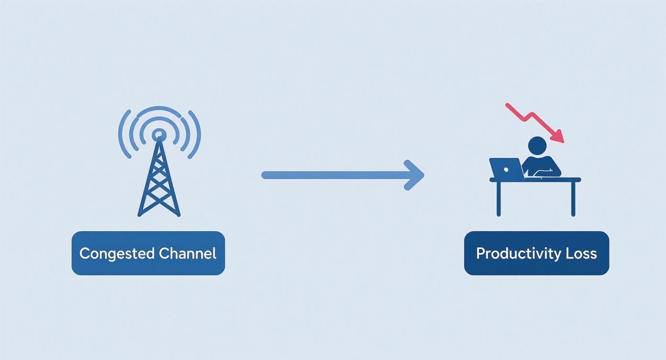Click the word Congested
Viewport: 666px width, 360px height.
[x=117, y=254]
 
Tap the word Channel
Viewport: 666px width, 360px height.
[x=188, y=253]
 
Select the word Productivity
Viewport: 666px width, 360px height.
[x=518, y=254]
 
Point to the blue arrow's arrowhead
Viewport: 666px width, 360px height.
[x=415, y=175]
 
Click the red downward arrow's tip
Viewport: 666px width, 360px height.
[x=563, y=142]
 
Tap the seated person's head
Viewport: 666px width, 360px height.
[x=537, y=146]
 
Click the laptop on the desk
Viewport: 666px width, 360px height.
[x=506, y=169]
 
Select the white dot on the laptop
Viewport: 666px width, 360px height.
[x=506, y=170]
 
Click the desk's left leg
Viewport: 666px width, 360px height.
[x=499, y=199]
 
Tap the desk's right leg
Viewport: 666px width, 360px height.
[x=573, y=199]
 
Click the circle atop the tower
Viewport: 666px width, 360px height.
[x=159, y=135]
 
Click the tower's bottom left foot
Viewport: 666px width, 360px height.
[x=139, y=214]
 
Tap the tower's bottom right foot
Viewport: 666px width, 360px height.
[x=178, y=214]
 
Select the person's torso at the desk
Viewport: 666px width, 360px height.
[x=541, y=166]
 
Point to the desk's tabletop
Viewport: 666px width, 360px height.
[x=535, y=180]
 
